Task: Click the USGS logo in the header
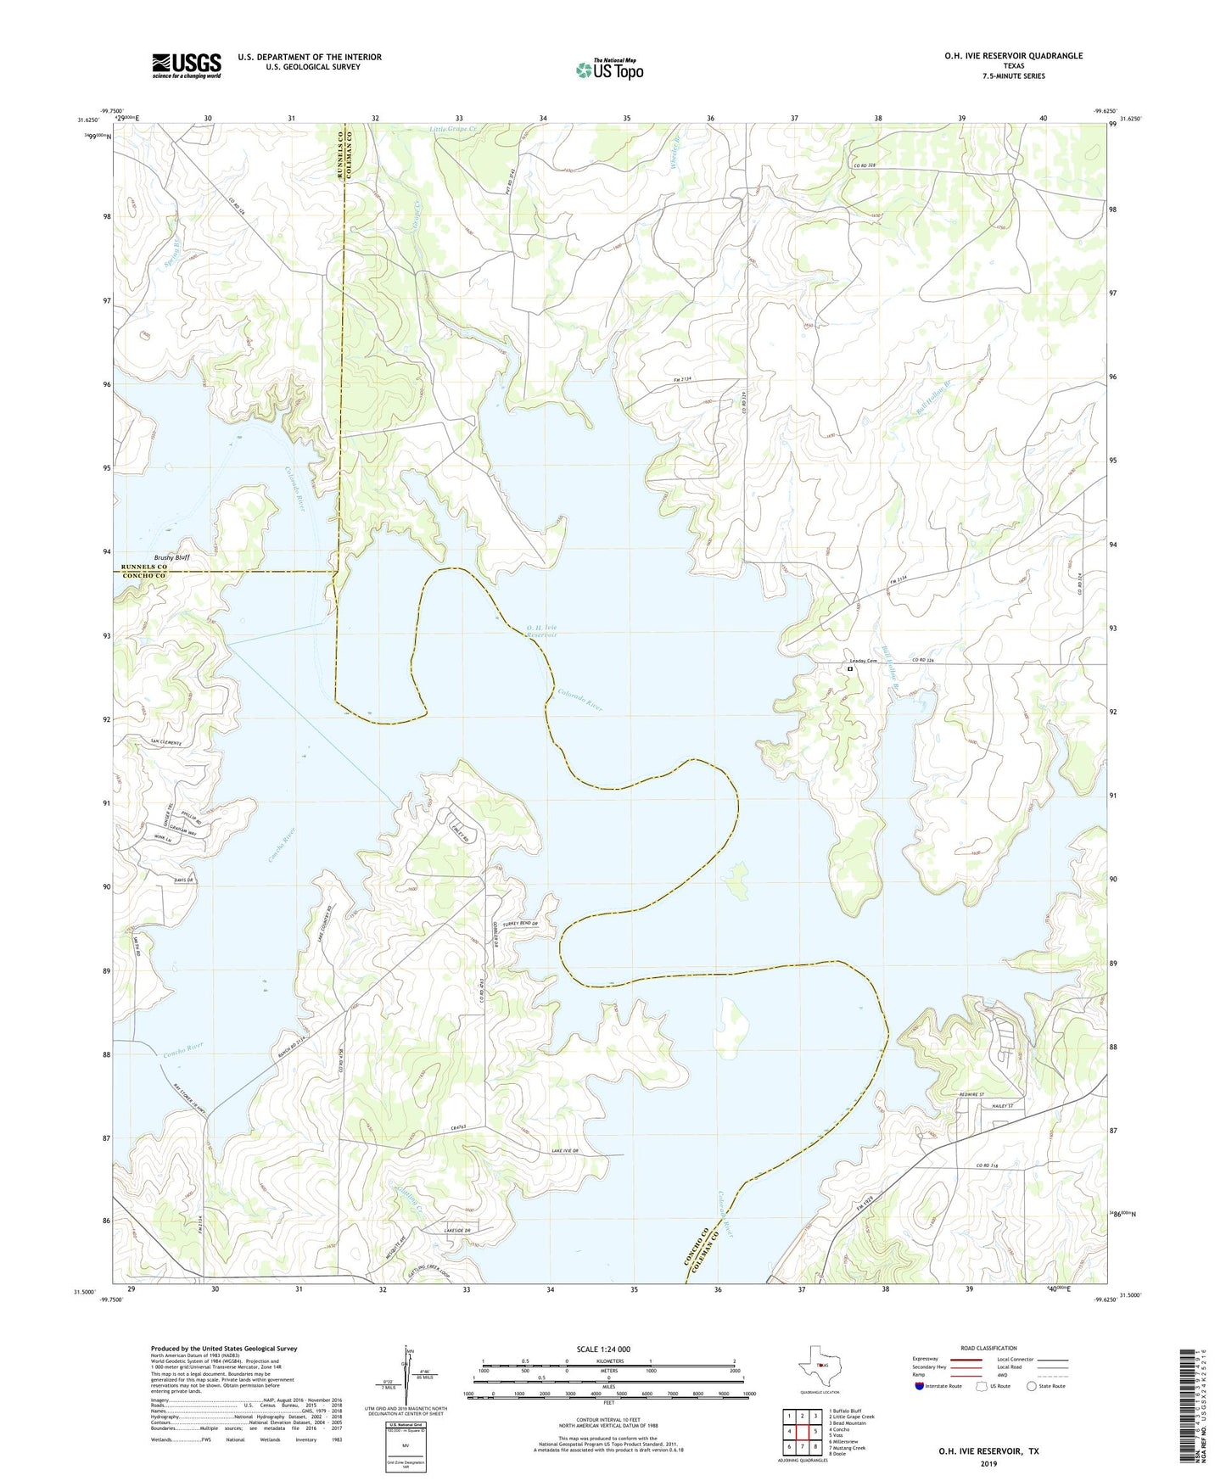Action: tap(187, 65)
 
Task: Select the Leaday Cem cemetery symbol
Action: tap(849, 669)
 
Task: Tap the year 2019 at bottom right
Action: tap(988, 1463)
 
